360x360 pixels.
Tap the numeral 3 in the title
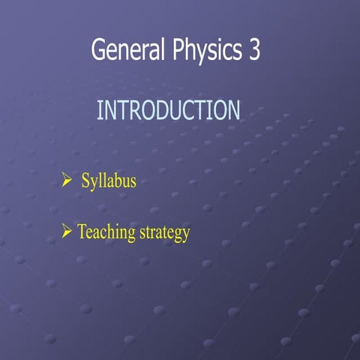(x=253, y=50)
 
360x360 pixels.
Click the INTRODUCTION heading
(x=169, y=111)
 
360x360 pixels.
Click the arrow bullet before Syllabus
(x=66, y=180)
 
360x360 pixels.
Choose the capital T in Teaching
(x=82, y=232)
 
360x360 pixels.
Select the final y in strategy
(x=185, y=235)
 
